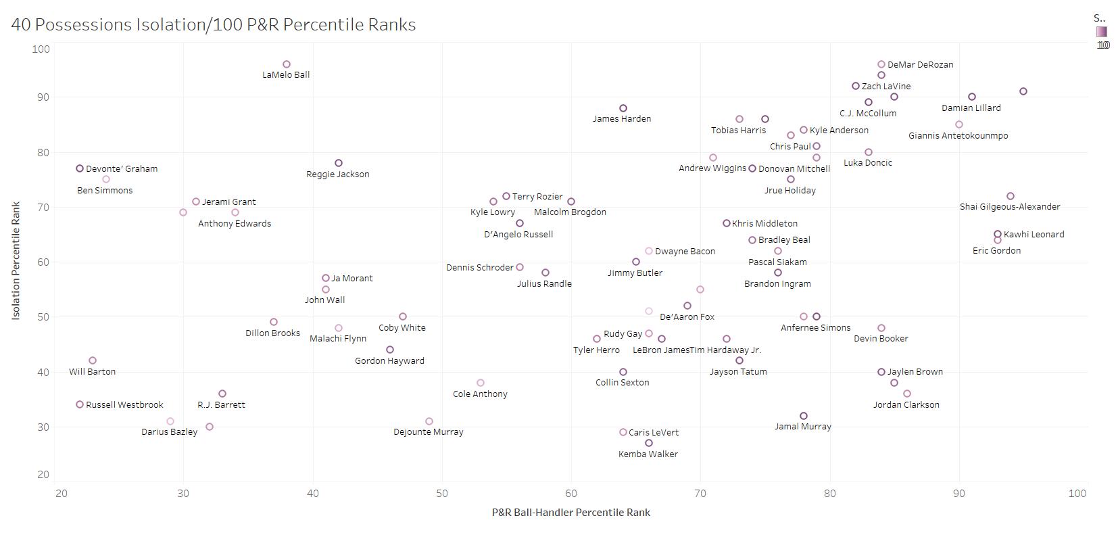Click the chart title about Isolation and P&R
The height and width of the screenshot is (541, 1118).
point(214,25)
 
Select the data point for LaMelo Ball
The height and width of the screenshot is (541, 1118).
point(287,65)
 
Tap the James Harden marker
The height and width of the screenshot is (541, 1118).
point(623,108)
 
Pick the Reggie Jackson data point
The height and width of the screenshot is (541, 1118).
point(339,164)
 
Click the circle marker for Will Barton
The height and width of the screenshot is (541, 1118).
point(93,361)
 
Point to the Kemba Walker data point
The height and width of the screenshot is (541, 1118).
point(649,444)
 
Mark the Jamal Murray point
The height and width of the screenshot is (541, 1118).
point(804,417)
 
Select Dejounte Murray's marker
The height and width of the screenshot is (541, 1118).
point(429,422)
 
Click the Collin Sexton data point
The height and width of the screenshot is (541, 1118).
point(623,373)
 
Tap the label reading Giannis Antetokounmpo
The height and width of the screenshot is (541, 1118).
point(958,136)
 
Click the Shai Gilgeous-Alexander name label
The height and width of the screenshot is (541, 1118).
point(1010,207)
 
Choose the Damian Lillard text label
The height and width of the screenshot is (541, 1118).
point(971,108)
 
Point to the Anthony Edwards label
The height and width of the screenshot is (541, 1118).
point(235,224)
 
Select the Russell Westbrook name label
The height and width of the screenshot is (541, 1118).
point(124,405)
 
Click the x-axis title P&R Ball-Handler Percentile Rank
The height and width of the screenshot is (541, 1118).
point(571,513)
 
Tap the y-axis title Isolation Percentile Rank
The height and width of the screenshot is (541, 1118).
point(16,261)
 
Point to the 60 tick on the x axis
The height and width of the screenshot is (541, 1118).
point(571,494)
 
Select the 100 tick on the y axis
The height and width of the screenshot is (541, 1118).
point(41,49)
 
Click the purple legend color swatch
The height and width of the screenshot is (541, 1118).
point(1102,32)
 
